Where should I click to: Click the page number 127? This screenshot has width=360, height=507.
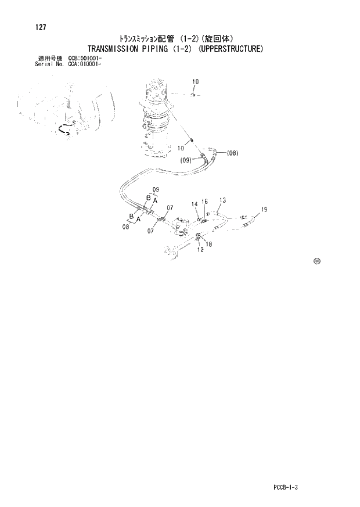coord(40,27)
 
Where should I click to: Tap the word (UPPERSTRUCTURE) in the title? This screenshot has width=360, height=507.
coord(231,49)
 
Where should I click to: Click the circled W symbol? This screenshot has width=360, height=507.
coord(317,261)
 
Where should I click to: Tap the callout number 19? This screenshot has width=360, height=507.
coord(264,210)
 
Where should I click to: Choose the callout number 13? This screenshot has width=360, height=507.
coord(222,200)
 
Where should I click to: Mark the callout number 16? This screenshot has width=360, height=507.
coord(205,202)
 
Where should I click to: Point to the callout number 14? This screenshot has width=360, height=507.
coord(195,204)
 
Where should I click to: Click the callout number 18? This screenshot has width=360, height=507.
coord(208,244)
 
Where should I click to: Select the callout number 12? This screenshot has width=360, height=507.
coord(200,250)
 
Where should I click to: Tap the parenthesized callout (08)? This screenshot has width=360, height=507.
coord(232,153)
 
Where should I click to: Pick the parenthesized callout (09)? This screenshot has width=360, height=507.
coord(186,160)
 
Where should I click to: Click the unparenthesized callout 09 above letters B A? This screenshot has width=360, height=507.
coord(156,190)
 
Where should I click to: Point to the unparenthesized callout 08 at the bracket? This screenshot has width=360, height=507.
coord(125,227)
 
